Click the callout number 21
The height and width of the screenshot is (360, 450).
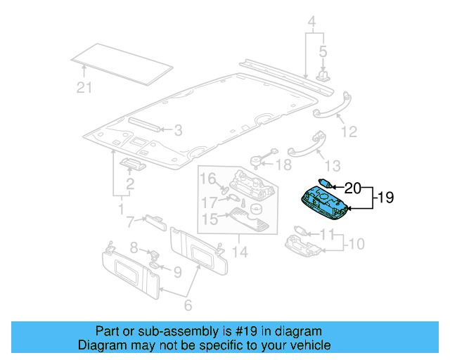pyautogui.click(x=84, y=87)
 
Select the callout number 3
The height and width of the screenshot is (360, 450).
pyautogui.click(x=178, y=130)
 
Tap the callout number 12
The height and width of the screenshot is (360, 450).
pyautogui.click(x=349, y=131)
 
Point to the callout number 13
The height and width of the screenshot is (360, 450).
pyautogui.click(x=332, y=165)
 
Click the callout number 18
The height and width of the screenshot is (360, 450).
pyautogui.click(x=282, y=165)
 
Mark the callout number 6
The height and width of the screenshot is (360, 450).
pyautogui.click(x=188, y=306)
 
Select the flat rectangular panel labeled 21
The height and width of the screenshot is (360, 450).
pyautogui.click(x=123, y=63)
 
